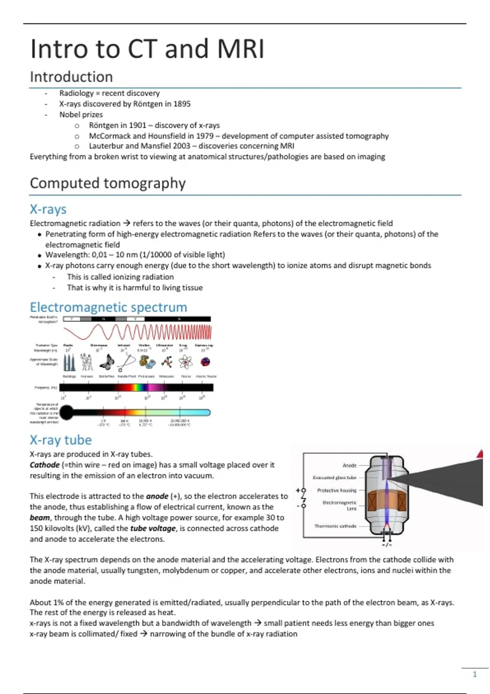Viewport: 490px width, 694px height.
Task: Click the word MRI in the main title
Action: [x=241, y=49]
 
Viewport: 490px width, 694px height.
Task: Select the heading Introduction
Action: [x=71, y=77]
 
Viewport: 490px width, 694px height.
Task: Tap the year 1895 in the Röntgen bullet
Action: [x=182, y=104]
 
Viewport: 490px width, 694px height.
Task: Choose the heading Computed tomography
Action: [x=108, y=183]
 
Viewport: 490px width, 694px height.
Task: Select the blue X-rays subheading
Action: [x=48, y=209]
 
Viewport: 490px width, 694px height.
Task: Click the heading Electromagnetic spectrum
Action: [x=109, y=307]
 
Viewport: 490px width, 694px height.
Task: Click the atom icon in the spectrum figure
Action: [x=185, y=362]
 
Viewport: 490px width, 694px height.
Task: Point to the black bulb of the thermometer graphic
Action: [x=67, y=412]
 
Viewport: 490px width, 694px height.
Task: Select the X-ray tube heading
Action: [x=61, y=440]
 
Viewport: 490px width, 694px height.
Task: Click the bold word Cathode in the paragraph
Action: [x=45, y=465]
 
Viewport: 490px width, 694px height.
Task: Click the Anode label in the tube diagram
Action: [x=350, y=465]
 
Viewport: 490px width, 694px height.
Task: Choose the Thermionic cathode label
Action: [x=335, y=526]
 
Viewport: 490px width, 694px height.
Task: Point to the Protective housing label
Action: [x=337, y=490]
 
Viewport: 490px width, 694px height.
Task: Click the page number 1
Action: [x=474, y=674]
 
